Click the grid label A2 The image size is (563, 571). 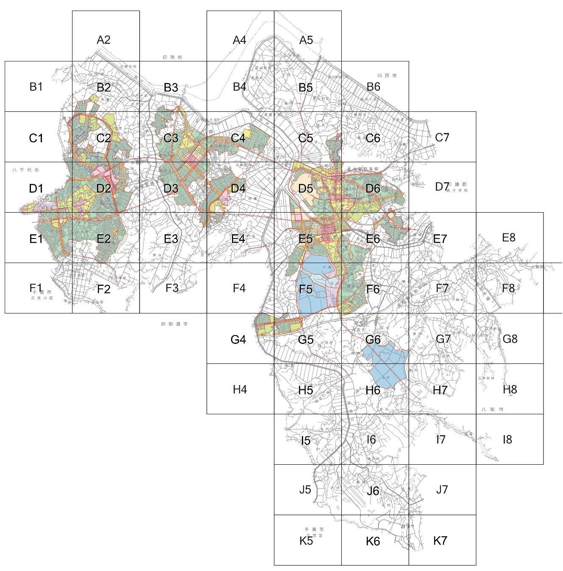pos(103,40)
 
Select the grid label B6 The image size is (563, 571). pos(373,87)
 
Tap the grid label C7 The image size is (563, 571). pos(442,137)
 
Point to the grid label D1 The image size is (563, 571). pos(36,188)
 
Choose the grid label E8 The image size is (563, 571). pos(508,238)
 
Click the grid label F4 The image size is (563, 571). pos(239,288)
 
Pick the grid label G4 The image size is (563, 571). pos(238,339)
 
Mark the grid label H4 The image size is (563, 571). pos(240,389)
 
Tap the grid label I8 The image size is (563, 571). pos(507,440)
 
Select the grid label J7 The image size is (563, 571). pos(442,490)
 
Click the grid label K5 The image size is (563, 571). pos(306,541)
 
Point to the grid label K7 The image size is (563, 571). pos(440,541)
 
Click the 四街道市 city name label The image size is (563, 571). pos(174,324)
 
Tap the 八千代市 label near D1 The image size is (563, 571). pos(26,170)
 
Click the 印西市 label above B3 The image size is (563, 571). pos(172,57)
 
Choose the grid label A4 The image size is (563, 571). pos(240,40)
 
